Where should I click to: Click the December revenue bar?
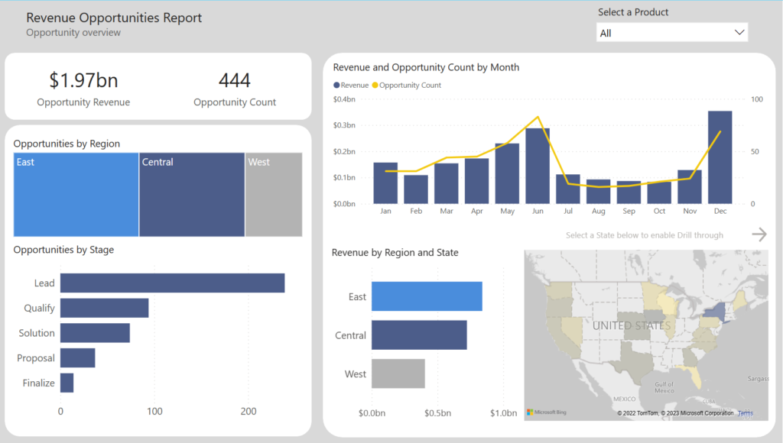pyautogui.click(x=720, y=157)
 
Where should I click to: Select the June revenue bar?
pyautogui.click(x=537, y=166)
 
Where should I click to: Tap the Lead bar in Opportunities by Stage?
pyautogui.click(x=172, y=283)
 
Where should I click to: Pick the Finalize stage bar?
pyautogui.click(x=67, y=383)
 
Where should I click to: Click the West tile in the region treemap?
pyautogui.click(x=274, y=195)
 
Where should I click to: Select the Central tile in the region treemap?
pyautogui.click(x=191, y=195)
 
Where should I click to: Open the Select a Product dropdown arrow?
pyautogui.click(x=739, y=33)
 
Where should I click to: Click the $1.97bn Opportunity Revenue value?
pyautogui.click(x=83, y=80)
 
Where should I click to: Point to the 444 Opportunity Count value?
pyautogui.click(x=235, y=80)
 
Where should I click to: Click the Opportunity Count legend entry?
pyautogui.click(x=410, y=86)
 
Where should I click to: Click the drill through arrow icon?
pyautogui.click(x=759, y=234)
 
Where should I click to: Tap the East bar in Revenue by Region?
pyautogui.click(x=426, y=296)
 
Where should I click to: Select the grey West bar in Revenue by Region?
pyautogui.click(x=398, y=373)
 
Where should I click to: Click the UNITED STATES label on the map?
pyautogui.click(x=631, y=325)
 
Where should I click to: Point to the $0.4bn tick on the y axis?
pyautogui.click(x=345, y=99)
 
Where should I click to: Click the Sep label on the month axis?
pyautogui.click(x=629, y=211)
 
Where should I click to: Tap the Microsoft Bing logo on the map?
pyautogui.click(x=547, y=412)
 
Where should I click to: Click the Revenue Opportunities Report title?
pyautogui.click(x=114, y=18)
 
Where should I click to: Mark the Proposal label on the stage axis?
pyautogui.click(x=36, y=358)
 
